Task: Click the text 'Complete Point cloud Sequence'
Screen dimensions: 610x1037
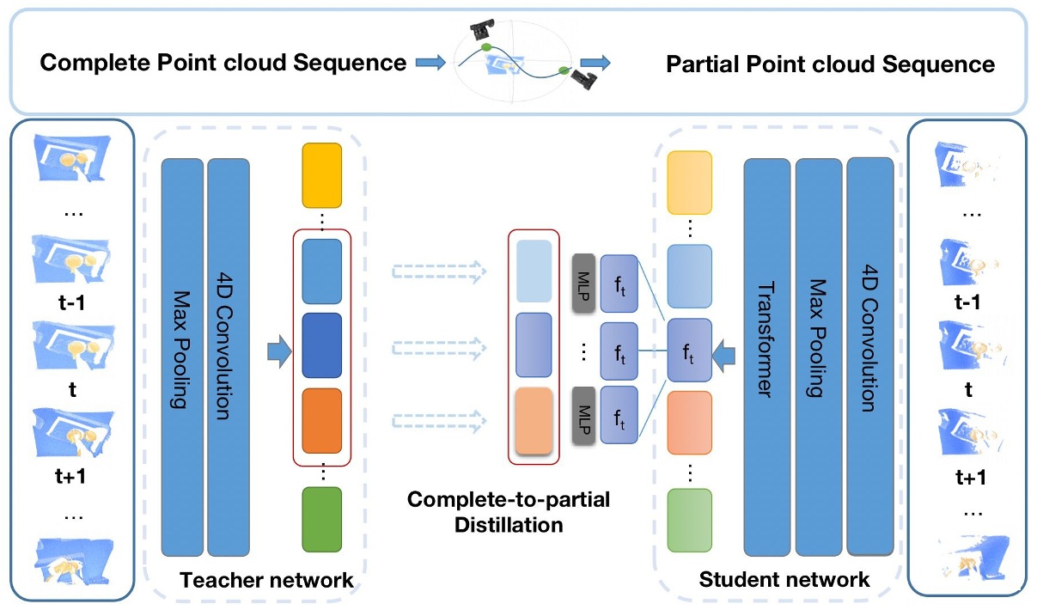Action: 223,63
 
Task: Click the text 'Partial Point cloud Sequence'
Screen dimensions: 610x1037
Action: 831,64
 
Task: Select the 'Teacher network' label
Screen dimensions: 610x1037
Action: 266,580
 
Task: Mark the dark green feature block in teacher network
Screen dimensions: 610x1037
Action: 322,518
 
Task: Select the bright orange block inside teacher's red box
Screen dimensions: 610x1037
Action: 322,422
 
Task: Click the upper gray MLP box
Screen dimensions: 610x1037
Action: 583,282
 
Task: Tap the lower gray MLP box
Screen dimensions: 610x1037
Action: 583,416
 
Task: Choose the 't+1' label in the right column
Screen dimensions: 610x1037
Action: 967,478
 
